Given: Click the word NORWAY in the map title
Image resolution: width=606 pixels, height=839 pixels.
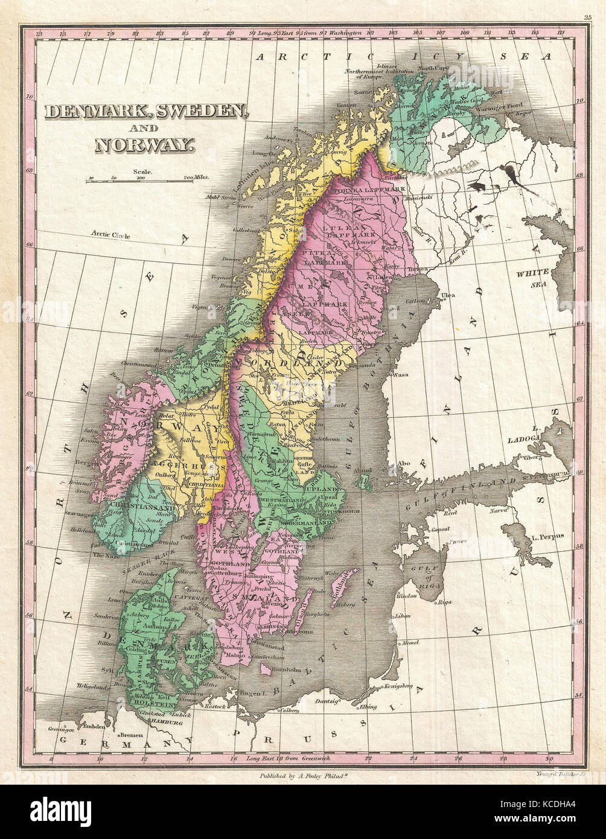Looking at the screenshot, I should click(144, 145).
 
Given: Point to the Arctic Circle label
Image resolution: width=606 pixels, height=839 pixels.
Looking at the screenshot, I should click(110, 234).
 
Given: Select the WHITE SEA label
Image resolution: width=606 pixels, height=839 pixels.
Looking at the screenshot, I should click(532, 278).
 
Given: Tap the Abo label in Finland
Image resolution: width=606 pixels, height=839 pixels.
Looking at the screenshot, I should click(404, 464).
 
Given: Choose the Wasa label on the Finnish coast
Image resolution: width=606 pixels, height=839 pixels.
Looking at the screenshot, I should click(400, 374).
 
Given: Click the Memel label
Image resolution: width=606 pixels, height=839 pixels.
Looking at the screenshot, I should click(410, 643).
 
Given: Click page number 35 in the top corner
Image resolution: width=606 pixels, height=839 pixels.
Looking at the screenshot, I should click(587, 18).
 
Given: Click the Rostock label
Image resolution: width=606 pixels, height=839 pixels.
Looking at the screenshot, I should click(214, 706).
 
